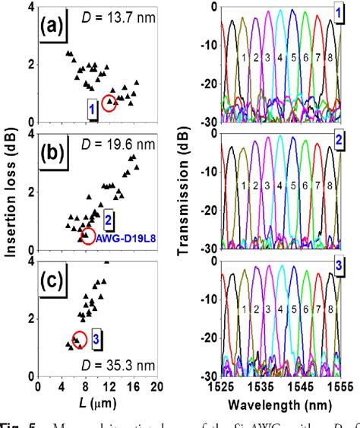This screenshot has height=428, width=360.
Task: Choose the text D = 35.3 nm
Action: [x=114, y=369]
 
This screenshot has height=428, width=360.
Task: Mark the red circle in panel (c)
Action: [x=79, y=339]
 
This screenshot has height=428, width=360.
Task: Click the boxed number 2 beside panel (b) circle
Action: [x=109, y=220]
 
